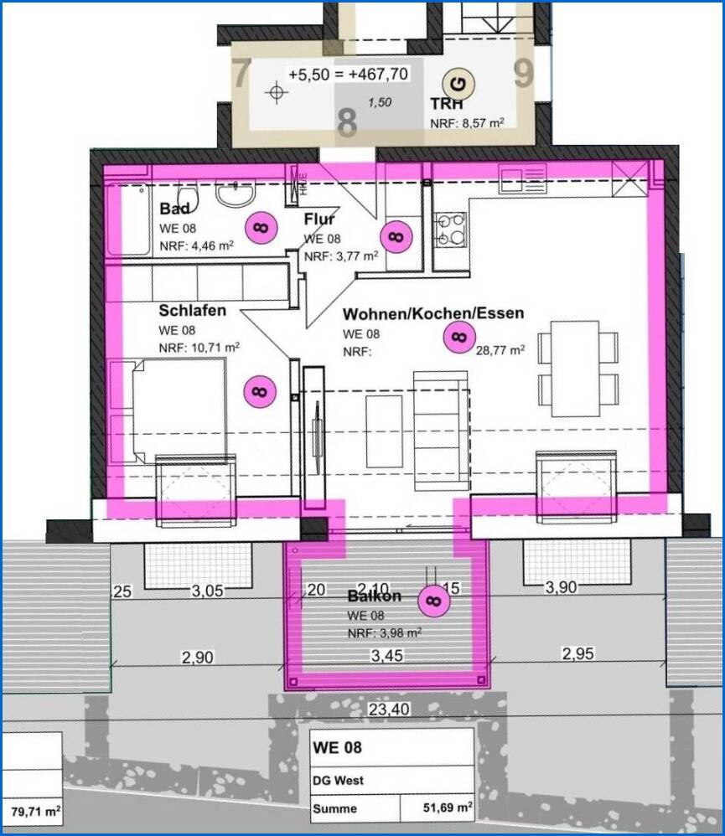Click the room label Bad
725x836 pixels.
coord(175,209)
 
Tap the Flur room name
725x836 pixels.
coord(319,220)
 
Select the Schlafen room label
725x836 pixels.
coord(193,311)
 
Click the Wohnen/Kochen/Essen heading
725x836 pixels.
coord(433,313)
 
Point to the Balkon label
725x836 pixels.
coord(375,596)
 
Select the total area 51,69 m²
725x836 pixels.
coord(447,809)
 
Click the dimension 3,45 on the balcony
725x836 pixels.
coord(386,655)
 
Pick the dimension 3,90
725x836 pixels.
coord(561,588)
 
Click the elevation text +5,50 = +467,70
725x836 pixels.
coord(348,75)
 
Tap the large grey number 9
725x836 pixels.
coord(524,74)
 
